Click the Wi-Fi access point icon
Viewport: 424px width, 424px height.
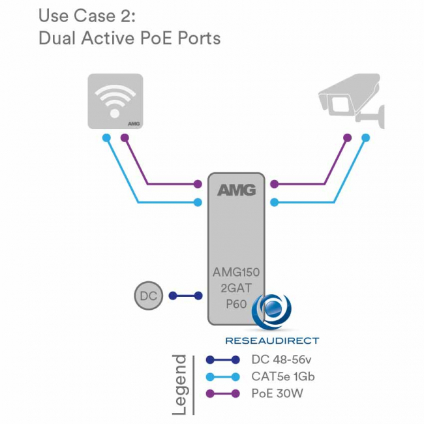[115, 101]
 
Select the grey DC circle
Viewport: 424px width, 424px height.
[148, 295]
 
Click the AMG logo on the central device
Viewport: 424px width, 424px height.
[236, 190]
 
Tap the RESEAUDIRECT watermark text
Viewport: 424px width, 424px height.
[272, 340]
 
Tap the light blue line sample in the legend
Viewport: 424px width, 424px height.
[222, 376]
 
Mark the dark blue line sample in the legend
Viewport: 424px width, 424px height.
[222, 359]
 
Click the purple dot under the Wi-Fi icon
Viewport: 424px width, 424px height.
[125, 138]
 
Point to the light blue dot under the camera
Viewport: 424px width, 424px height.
[366, 138]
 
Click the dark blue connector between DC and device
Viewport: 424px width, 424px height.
[186, 295]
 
